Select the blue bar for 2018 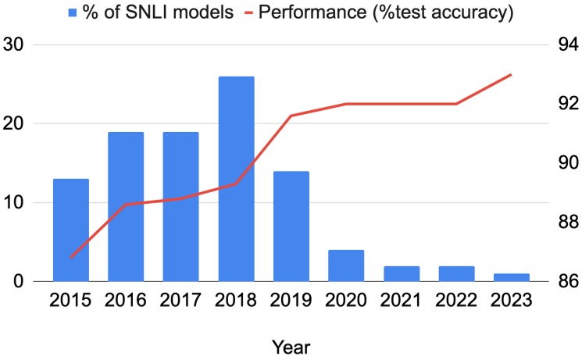coord(236,179)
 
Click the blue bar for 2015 coord(71,230)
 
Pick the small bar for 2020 coord(346,266)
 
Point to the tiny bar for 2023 coord(511,277)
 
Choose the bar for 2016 coord(126,207)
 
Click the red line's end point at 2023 coord(511,75)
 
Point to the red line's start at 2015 coord(71,257)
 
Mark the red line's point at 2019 coord(291,116)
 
